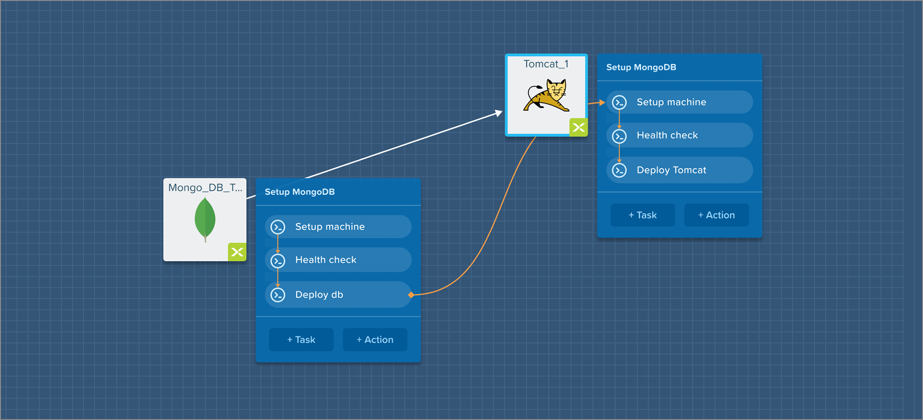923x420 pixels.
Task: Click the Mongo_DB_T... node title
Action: click(205, 188)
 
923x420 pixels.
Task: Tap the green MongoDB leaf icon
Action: click(205, 219)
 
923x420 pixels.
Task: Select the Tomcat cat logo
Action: click(547, 96)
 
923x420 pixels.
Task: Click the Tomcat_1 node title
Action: click(546, 64)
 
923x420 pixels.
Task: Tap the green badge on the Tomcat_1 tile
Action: click(578, 127)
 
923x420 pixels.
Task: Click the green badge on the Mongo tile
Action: click(237, 252)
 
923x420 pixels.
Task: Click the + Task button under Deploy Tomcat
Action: click(643, 215)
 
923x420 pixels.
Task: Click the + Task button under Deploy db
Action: click(301, 340)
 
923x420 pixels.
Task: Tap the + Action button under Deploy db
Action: click(375, 340)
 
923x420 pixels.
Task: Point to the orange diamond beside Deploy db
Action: click(411, 295)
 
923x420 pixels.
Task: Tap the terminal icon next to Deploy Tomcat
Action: click(619, 170)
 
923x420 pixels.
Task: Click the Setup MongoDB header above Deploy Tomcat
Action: click(641, 67)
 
